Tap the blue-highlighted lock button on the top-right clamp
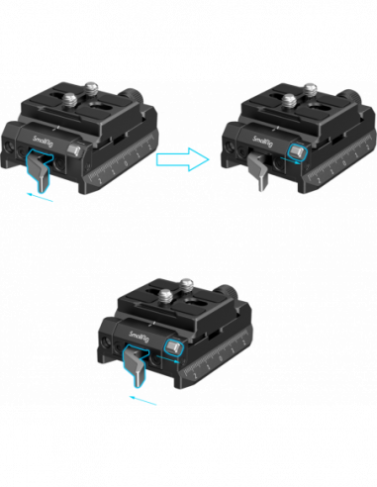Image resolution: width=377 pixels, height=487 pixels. (295, 151)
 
